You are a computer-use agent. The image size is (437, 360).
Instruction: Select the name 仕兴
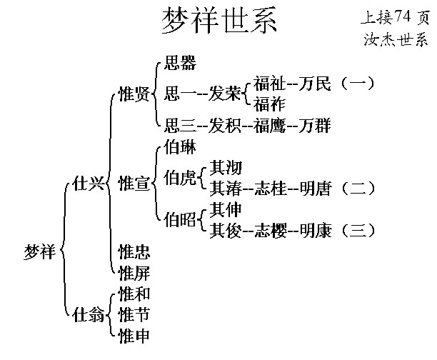86,184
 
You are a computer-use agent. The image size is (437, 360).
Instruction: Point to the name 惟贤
134,94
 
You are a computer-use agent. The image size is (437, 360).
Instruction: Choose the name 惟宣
134,184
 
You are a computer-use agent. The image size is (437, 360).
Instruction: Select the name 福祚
268,104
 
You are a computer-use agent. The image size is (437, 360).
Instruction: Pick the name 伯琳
180,149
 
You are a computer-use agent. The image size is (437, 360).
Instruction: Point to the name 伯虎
180,176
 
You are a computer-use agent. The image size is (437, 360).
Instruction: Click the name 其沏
226,168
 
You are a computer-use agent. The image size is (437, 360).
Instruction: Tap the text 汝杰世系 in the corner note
395,39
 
